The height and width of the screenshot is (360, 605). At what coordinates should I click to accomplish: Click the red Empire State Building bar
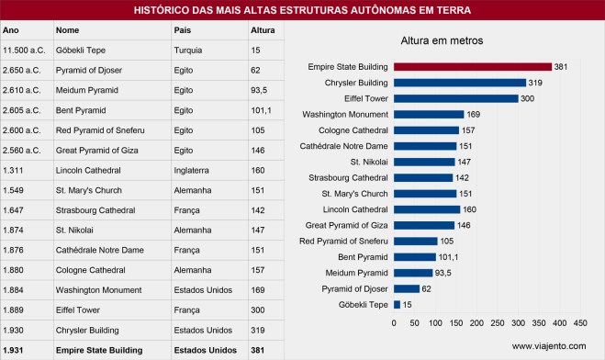(x=472, y=66)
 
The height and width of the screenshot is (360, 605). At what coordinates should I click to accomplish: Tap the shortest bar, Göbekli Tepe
(x=397, y=304)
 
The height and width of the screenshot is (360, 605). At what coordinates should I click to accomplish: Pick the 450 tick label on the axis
(x=580, y=324)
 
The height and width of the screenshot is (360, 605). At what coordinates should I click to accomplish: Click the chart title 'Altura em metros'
(x=443, y=41)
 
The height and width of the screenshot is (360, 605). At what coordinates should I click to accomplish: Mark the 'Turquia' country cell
(x=187, y=51)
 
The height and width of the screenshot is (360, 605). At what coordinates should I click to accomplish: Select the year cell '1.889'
(x=14, y=309)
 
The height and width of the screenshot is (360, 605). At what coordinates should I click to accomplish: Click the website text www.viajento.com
(x=548, y=346)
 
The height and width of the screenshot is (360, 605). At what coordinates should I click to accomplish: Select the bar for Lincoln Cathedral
(x=427, y=208)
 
